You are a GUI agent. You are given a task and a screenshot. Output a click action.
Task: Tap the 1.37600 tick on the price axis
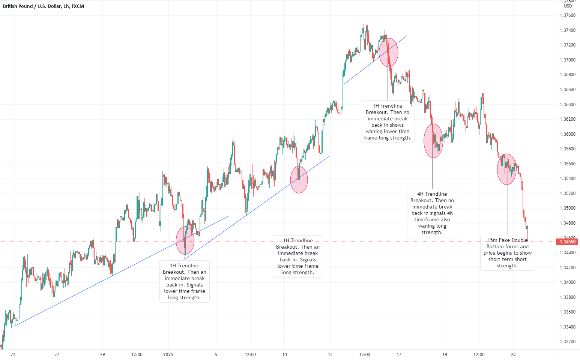[567, 15]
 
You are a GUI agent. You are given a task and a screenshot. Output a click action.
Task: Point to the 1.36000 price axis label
[567, 134]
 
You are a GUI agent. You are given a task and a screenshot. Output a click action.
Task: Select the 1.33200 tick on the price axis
[567, 342]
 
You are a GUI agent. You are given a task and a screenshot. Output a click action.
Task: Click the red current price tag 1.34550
[568, 242]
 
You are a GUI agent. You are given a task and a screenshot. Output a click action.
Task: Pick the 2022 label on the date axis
[168, 355]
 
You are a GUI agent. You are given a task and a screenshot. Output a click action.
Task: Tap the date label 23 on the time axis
[13, 355]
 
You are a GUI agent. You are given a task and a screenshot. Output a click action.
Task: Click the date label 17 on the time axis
[399, 355]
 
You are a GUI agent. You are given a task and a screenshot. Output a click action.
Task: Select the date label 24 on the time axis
[513, 355]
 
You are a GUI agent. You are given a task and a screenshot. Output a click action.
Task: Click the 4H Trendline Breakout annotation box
[432, 213]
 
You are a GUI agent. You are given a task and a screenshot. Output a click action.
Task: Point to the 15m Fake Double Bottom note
[507, 253]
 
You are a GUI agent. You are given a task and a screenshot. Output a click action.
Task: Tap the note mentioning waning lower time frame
[387, 122]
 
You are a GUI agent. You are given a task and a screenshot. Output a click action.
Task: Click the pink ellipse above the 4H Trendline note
[433, 141]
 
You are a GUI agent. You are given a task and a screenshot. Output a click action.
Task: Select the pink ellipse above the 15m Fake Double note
[507, 169]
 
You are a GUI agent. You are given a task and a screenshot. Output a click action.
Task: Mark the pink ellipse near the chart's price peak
[388, 52]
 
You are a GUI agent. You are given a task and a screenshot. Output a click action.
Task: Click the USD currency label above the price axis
[568, 6]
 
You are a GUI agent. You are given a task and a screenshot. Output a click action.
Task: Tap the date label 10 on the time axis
[285, 355]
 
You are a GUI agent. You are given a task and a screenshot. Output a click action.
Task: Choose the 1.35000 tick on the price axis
[567, 208]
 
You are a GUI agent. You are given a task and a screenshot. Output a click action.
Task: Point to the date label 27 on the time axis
[57, 355]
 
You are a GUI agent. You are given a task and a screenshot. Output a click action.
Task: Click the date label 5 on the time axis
[216, 355]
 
